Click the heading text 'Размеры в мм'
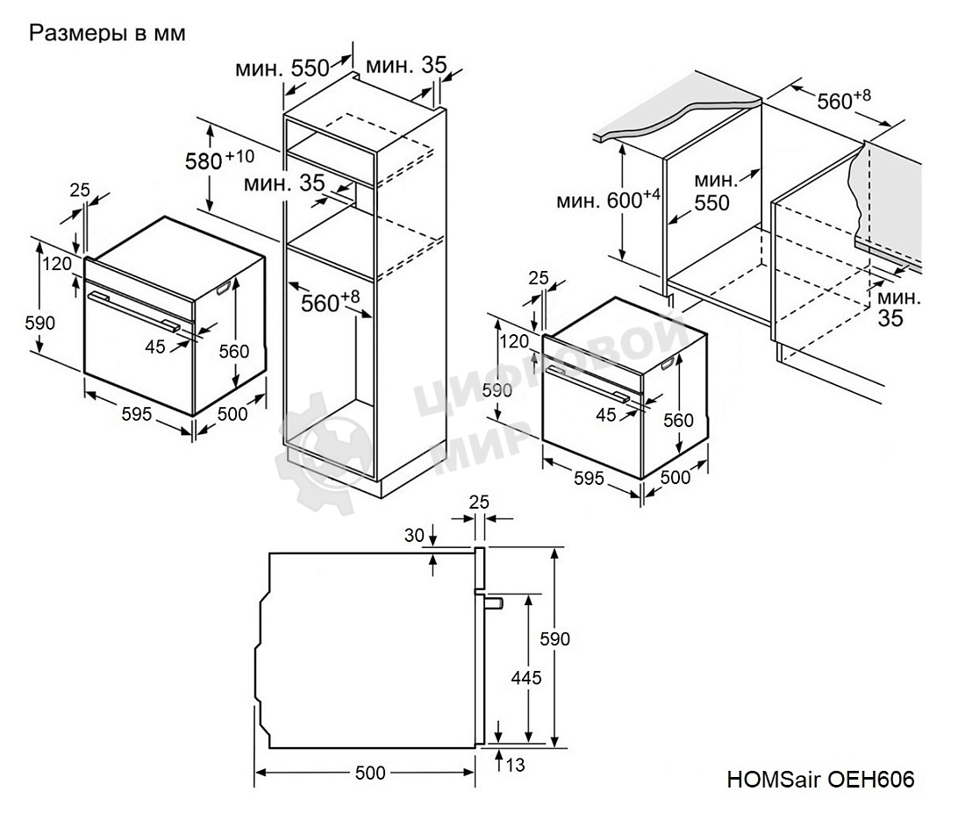click(108, 33)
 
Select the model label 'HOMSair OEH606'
click(820, 780)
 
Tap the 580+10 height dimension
click(219, 160)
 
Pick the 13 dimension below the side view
click(515, 766)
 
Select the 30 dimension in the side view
click(414, 534)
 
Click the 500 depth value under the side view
click(370, 773)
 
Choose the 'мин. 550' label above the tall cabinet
click(282, 68)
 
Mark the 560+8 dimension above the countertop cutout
click(843, 101)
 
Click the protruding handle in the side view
click(491, 602)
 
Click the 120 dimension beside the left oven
click(59, 263)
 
